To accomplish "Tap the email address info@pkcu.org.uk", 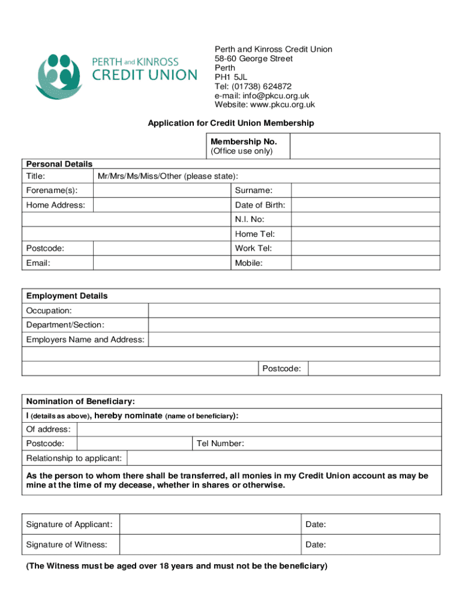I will [262, 95].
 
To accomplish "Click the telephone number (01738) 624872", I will [253, 86].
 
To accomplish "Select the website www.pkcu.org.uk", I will [265, 104].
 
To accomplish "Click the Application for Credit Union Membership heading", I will [231, 123].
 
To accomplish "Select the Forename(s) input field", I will [162, 191].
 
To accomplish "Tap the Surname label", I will [254, 191].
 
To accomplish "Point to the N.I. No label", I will [250, 219].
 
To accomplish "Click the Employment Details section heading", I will [67, 296].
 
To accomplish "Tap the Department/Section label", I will [65, 325].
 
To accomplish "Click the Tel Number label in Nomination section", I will [220, 444].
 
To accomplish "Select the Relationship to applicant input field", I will [284, 459].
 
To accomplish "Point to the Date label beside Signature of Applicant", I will [316, 525].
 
